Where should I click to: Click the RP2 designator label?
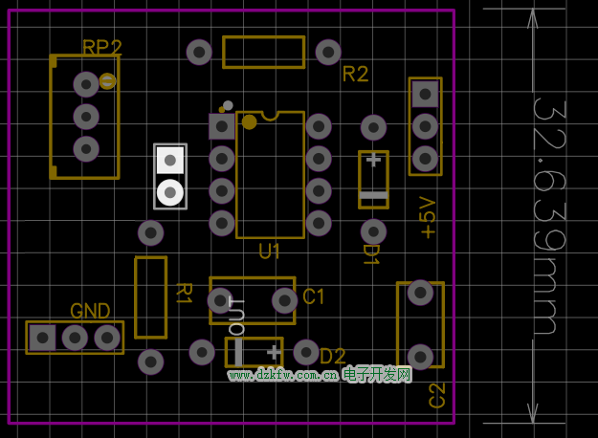102,48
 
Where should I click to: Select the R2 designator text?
355,75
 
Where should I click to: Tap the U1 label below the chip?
270,252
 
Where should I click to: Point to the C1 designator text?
314,297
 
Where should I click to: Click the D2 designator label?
332,356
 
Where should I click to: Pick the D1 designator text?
370,254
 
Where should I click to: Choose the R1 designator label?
185,293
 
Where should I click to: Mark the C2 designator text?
437,395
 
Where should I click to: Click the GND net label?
90,311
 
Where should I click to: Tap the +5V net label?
428,217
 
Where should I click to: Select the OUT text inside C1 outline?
237,315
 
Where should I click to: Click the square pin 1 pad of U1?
221,125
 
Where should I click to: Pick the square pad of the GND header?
42,337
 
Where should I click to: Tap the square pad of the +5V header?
425,94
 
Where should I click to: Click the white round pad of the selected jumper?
170,192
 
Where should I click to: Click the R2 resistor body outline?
263,52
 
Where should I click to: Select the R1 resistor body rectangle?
150,296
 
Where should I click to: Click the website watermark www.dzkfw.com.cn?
282,375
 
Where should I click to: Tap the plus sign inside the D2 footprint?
274,351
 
